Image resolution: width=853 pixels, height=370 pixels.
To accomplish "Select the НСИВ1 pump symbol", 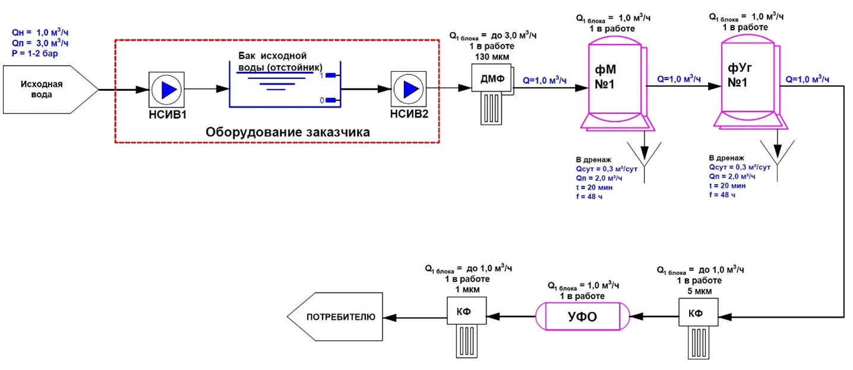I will pos(168,89).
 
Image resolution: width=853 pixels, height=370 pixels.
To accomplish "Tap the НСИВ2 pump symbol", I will pos(409,89).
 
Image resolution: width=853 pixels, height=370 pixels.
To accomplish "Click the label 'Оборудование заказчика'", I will pos(288,132).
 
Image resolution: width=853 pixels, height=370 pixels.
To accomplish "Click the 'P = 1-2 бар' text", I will pos(39,53).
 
